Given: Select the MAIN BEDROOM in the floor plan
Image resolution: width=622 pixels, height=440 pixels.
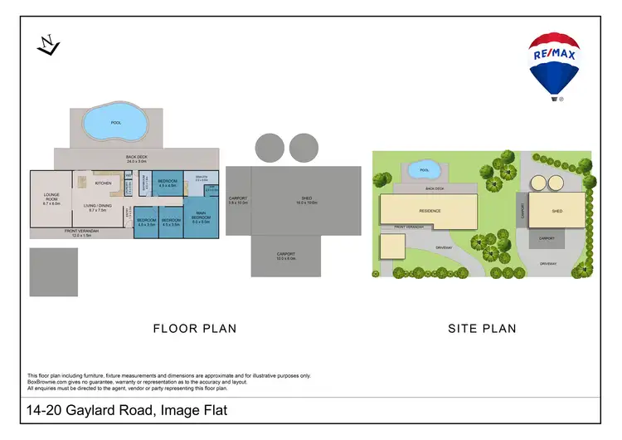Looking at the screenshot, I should [200, 218].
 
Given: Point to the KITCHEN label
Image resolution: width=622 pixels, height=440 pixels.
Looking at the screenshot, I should [103, 183].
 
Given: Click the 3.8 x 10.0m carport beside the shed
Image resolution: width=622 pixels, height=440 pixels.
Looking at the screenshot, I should [238, 199].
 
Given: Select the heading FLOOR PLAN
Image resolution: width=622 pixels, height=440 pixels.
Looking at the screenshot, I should [195, 329].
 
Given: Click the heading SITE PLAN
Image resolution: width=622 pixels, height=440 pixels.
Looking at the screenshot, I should [482, 329].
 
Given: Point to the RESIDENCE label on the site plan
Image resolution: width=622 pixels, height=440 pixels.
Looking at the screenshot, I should [429, 211].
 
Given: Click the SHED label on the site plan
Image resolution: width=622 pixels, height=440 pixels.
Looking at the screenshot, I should [556, 212].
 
